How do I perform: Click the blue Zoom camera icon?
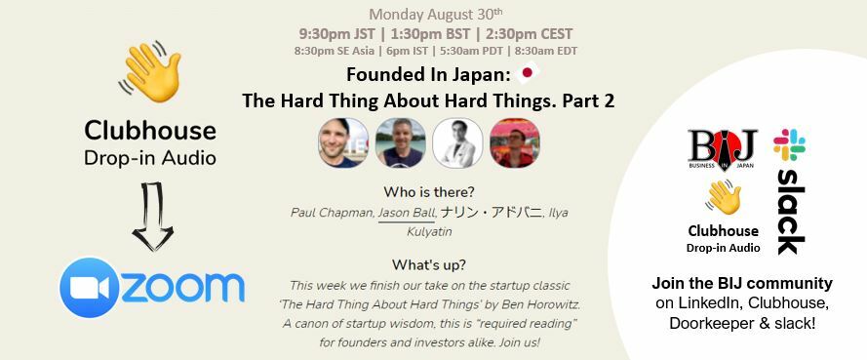89,287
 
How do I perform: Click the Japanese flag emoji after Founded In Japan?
529,71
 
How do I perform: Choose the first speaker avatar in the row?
343,143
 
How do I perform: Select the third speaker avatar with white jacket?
457,143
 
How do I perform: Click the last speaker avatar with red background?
514,143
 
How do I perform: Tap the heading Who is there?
429,191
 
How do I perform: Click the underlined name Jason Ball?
406,212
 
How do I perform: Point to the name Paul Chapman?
332,212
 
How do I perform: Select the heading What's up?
429,264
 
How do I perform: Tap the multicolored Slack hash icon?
789,144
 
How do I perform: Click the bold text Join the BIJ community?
742,284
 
